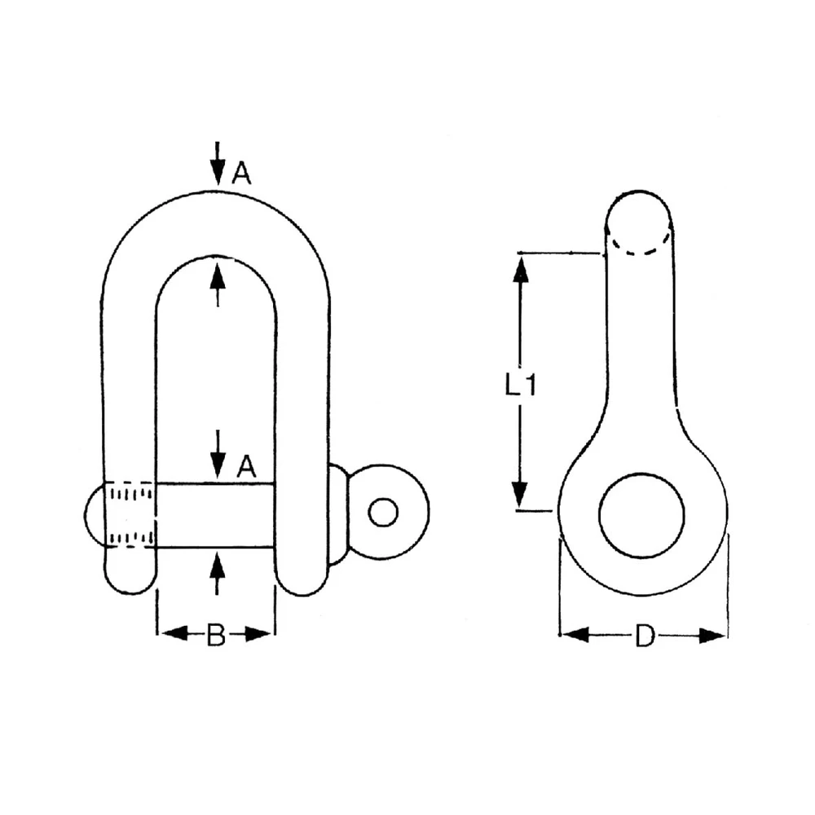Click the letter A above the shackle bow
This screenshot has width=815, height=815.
[x=241, y=173]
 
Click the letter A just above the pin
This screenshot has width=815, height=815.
[x=246, y=467]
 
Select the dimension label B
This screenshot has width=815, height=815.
[x=215, y=635]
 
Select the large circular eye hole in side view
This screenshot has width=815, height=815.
[x=641, y=515]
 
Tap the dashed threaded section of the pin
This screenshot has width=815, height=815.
[x=130, y=514]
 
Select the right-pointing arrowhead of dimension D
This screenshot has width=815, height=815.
[x=713, y=635]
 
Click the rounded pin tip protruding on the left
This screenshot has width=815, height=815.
[x=94, y=514]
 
